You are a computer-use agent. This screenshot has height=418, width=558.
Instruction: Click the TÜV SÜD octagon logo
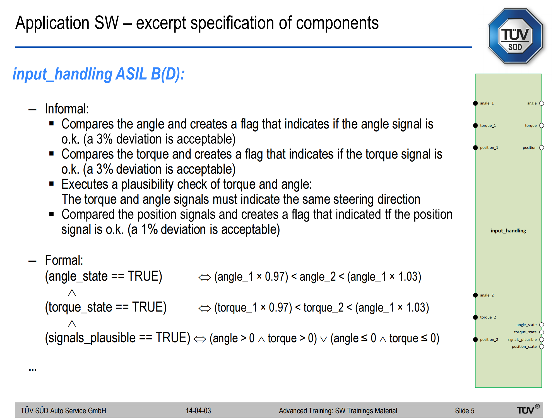click(515, 36)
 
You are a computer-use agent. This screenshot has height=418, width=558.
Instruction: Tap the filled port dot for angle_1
click(475, 103)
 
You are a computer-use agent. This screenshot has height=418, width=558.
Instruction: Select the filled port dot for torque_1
click(475, 125)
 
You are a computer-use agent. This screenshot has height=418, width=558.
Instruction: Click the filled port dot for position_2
click(475, 339)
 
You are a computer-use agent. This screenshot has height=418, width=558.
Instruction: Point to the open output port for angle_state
click(542, 325)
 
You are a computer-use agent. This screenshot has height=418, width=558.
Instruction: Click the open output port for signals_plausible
click(542, 339)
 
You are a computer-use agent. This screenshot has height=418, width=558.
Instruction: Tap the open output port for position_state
click(542, 347)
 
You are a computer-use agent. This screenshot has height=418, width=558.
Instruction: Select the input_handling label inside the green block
click(508, 231)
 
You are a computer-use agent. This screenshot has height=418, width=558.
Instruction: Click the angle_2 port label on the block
click(487, 295)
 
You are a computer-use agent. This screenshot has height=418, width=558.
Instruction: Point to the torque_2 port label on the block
click(488, 317)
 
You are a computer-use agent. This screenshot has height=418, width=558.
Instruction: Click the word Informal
click(67, 109)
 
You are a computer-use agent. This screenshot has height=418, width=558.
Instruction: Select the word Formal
click(64, 260)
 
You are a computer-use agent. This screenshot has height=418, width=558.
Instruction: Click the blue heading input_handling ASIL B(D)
click(99, 74)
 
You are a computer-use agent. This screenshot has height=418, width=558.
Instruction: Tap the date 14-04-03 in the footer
click(198, 410)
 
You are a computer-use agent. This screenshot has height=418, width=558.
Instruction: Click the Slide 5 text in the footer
click(465, 410)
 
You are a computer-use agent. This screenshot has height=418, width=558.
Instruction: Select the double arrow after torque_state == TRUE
click(205, 308)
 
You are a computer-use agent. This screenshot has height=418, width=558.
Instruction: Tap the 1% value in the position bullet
click(149, 229)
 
